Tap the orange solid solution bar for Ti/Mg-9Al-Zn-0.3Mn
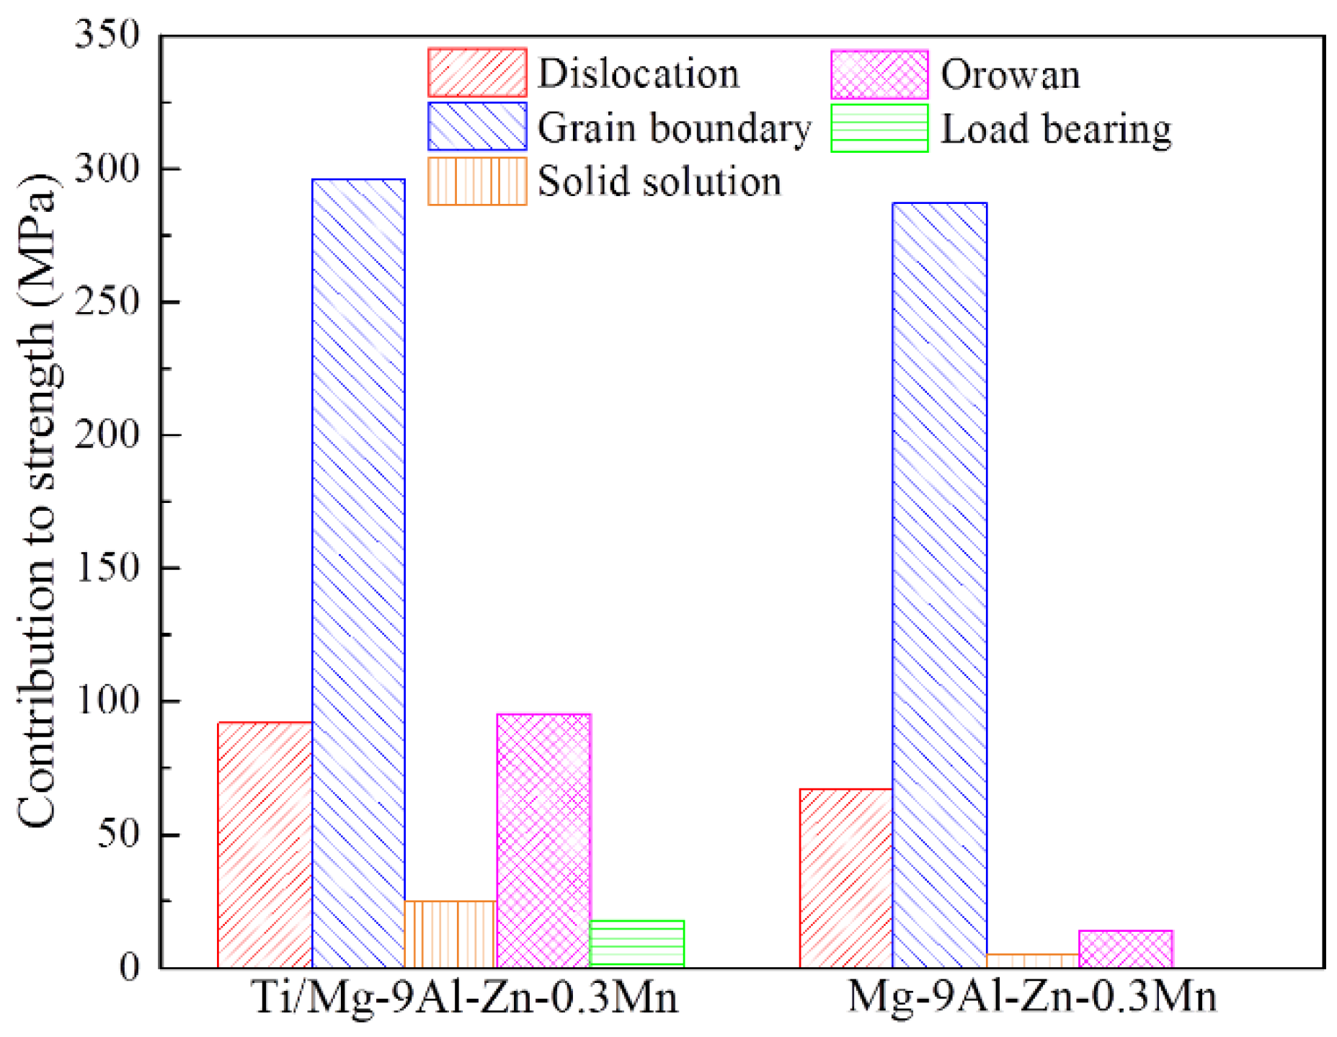click(450, 934)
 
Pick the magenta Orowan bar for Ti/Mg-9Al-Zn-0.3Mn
click(543, 840)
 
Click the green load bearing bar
click(636, 944)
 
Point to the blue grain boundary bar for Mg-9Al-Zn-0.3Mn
click(939, 584)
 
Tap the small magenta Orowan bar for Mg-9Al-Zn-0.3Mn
click(1125, 949)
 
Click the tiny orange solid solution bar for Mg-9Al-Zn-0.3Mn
click(1032, 961)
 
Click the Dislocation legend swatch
click(477, 73)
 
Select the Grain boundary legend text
click(674, 128)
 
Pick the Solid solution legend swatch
click(477, 182)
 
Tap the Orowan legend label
click(1010, 74)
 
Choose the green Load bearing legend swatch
click(879, 128)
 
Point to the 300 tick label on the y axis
click(107, 169)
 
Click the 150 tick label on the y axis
click(107, 568)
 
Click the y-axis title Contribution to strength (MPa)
click(37, 501)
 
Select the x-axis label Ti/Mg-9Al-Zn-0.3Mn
click(466, 998)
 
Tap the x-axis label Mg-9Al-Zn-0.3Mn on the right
click(1032, 998)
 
